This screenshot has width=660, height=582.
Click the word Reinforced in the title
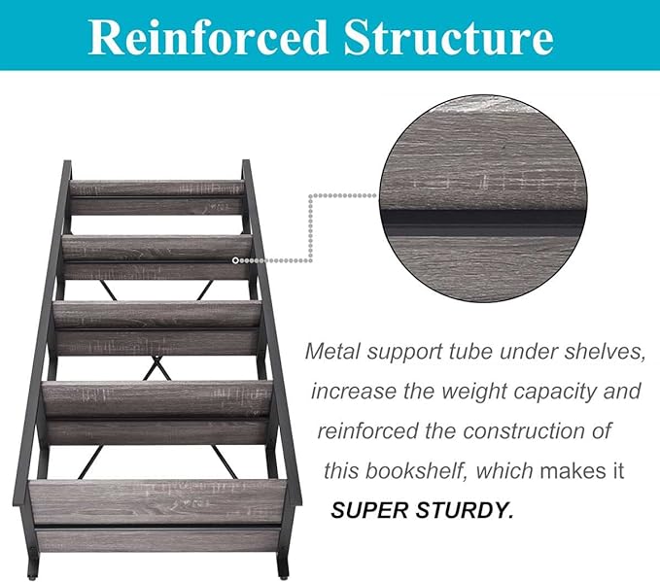point(208,38)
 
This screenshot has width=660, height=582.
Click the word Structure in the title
point(449,38)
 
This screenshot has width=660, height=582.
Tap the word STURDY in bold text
point(466,510)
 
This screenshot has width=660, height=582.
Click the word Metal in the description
point(333,352)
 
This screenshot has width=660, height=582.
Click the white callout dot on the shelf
point(235,261)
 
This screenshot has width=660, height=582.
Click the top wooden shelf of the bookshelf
point(156,197)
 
